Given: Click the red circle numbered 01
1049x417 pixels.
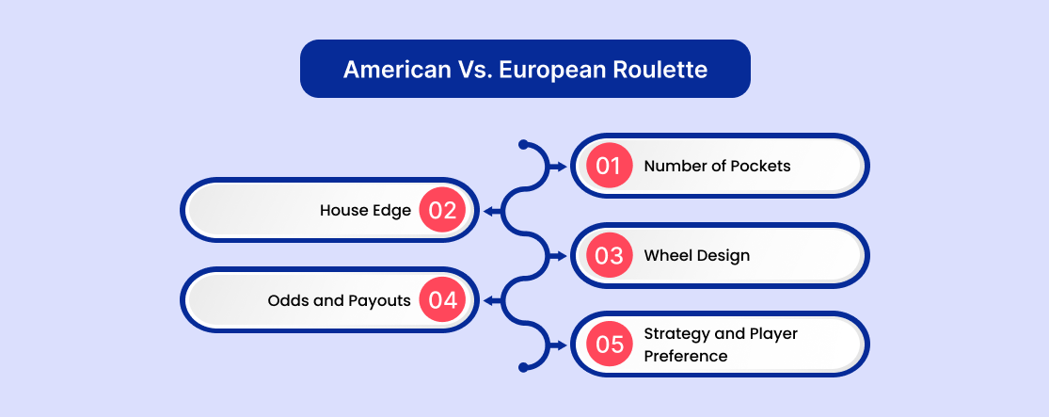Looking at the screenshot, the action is [x=609, y=166].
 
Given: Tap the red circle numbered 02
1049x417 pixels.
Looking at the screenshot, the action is [x=442, y=210].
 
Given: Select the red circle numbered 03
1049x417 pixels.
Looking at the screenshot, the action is [x=609, y=255].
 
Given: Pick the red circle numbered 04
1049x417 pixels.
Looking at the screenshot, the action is [x=442, y=300].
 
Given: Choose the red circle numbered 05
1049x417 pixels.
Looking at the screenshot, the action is [x=609, y=345].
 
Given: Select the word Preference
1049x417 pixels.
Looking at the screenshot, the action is [x=686, y=356].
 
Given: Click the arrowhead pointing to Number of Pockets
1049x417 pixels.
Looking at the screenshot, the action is [x=562, y=166].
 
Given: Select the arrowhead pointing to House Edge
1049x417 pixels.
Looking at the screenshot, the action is [x=489, y=211].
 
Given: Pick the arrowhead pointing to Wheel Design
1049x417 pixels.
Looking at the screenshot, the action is [x=562, y=255].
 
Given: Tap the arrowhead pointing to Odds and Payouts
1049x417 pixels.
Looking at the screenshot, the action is [x=489, y=300].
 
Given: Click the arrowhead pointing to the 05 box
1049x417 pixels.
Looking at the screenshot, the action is [x=562, y=345].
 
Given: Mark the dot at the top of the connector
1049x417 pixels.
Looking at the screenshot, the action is [x=523, y=144].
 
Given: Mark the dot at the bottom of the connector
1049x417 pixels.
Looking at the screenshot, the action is [x=523, y=367].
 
